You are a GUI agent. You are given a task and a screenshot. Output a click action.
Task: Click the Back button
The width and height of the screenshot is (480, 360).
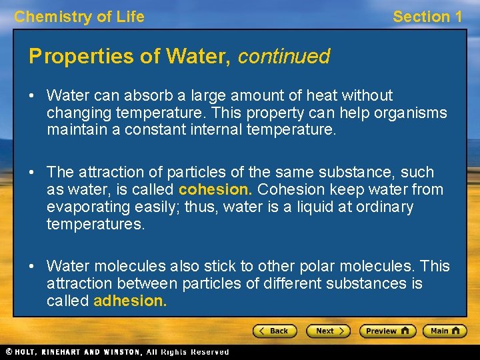[274, 331]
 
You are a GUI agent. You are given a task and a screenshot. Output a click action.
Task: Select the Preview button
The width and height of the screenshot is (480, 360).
[387, 331]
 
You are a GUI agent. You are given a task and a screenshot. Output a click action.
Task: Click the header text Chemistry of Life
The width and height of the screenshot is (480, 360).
[79, 17]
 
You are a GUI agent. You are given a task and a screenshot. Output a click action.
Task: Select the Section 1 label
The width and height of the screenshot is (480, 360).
[427, 17]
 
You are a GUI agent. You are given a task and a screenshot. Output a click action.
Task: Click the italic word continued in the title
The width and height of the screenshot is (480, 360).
[284, 57]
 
